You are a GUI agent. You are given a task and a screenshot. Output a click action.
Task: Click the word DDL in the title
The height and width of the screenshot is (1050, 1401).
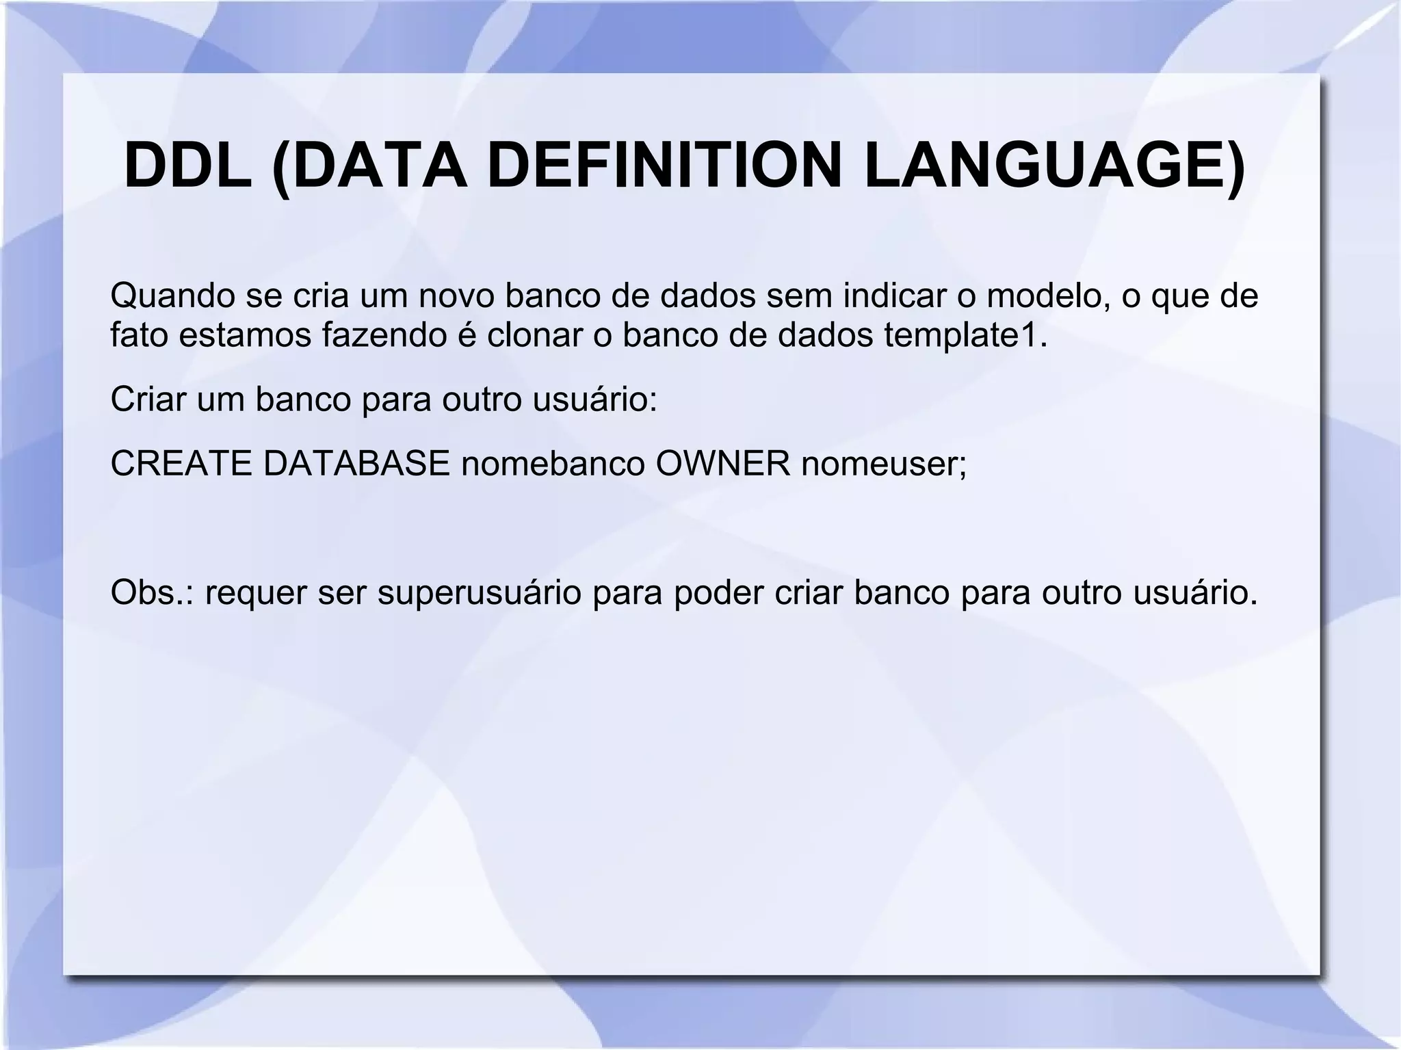pos(188,166)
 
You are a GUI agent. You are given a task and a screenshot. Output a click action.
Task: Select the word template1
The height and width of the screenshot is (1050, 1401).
pos(965,335)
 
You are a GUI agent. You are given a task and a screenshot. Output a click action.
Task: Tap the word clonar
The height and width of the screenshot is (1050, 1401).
pos(534,335)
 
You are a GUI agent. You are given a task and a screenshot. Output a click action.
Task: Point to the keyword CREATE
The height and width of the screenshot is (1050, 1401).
pos(181,464)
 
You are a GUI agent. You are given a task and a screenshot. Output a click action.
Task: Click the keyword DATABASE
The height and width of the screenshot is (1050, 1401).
pos(356,464)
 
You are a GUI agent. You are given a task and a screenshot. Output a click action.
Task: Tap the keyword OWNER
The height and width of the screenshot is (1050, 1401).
pos(723,464)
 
